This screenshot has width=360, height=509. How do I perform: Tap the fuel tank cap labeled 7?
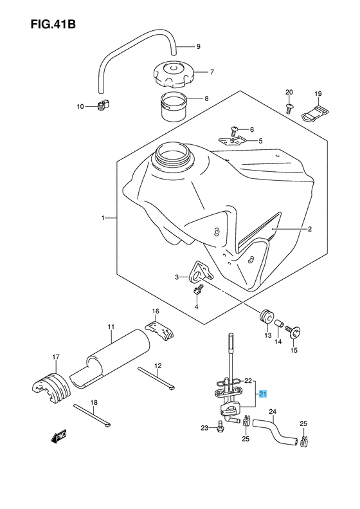[171, 75]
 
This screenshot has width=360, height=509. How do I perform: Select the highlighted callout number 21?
[262, 394]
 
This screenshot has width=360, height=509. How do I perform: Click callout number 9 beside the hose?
[199, 46]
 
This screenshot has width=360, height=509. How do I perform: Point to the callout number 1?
[103, 219]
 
